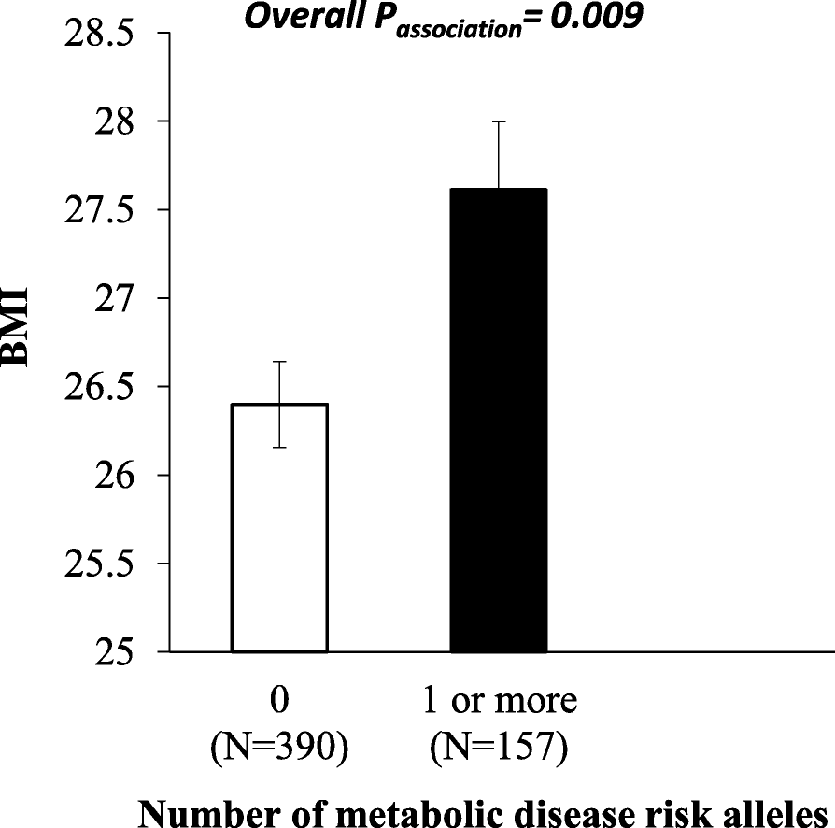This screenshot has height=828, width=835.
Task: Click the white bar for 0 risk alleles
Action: tap(279, 528)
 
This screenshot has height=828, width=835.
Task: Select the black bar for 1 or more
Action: tap(499, 421)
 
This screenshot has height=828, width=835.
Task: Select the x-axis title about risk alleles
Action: tap(486, 812)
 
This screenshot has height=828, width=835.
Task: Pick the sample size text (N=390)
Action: tap(279, 748)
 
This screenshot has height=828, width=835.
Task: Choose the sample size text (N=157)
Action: tap(500, 748)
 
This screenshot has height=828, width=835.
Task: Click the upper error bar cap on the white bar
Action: tap(279, 361)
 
